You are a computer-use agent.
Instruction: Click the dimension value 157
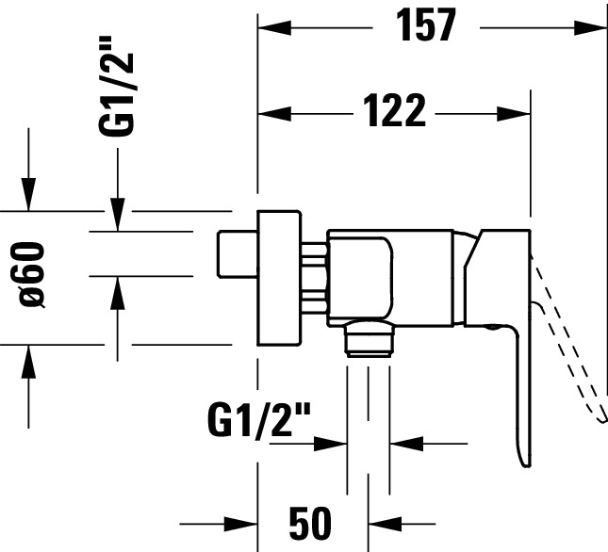click(x=426, y=25)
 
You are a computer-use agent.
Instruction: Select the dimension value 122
click(x=395, y=111)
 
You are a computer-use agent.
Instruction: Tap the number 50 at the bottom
click(x=310, y=524)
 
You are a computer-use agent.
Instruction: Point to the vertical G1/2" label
click(x=116, y=86)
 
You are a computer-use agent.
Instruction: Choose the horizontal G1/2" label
click(x=259, y=420)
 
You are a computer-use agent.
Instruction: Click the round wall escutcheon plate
click(x=279, y=278)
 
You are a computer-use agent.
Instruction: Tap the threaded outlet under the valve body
click(x=369, y=338)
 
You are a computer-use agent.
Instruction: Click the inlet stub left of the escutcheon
click(x=237, y=254)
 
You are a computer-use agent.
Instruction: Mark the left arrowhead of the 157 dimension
click(x=273, y=28)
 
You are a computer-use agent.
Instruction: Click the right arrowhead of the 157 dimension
click(x=591, y=28)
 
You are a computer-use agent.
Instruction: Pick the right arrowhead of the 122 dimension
click(x=514, y=114)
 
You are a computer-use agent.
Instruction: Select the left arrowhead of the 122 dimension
click(x=274, y=114)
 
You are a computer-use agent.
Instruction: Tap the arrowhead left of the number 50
click(x=240, y=524)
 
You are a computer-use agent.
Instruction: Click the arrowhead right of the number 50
click(x=385, y=524)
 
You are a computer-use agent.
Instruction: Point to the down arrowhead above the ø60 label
click(x=28, y=194)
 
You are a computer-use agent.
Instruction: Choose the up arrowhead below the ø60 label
click(x=28, y=362)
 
